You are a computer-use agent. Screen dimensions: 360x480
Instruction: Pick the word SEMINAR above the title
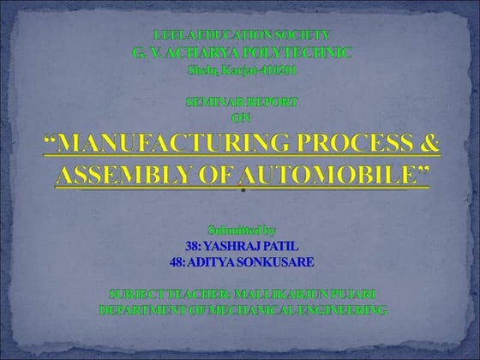213,102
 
